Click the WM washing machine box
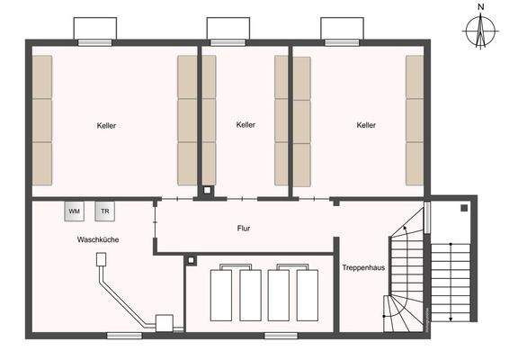click(x=75, y=211)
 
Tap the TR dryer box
click(x=104, y=211)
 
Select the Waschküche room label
click(x=98, y=240)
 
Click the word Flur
click(x=244, y=229)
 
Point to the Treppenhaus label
click(x=363, y=267)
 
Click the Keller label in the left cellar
click(x=107, y=126)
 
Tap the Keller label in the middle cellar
click(x=246, y=125)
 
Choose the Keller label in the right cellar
click(x=366, y=126)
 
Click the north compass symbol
click(x=481, y=33)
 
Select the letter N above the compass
click(x=481, y=6)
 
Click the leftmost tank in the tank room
click(x=221, y=293)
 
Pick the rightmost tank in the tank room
click(x=308, y=293)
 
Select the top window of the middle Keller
click(x=228, y=41)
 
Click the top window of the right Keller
click(x=343, y=41)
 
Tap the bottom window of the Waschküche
click(x=124, y=336)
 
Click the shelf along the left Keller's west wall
click(x=42, y=121)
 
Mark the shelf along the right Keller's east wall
click(x=415, y=121)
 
